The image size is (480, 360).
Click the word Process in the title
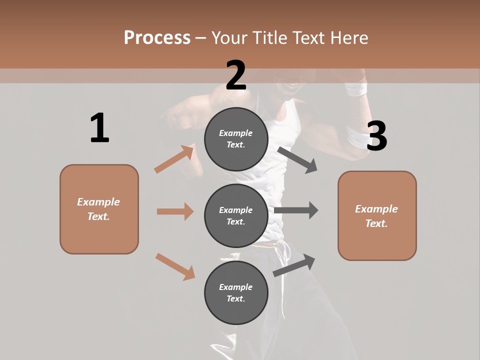(x=157, y=37)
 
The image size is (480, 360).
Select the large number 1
(x=99, y=128)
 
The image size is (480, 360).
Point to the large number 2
(x=236, y=75)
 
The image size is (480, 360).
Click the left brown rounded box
(x=99, y=209)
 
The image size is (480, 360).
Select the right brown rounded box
(x=377, y=216)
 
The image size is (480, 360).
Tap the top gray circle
(x=236, y=139)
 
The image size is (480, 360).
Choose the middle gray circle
(x=236, y=215)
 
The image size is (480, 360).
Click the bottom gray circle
(x=236, y=292)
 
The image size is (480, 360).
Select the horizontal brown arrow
(x=175, y=211)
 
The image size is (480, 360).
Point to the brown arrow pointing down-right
(x=175, y=266)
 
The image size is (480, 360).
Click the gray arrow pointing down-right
(x=297, y=160)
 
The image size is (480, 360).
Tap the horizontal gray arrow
(x=296, y=210)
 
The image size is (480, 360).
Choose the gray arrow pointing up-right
(x=294, y=265)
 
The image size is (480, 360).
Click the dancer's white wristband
(x=356, y=89)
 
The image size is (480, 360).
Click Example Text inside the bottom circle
(x=236, y=292)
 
